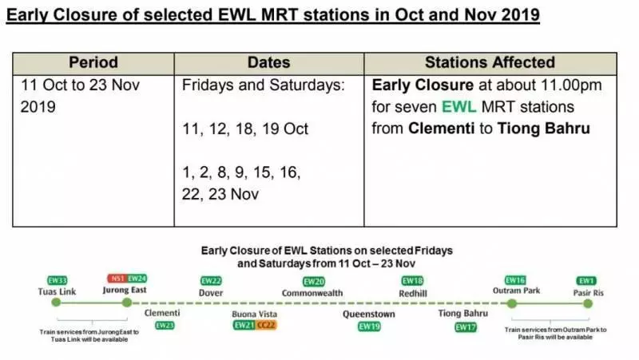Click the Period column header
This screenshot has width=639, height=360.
[93, 62]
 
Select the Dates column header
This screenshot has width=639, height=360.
[269, 62]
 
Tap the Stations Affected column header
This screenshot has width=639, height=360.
[490, 62]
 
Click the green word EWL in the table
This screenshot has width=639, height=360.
[458, 107]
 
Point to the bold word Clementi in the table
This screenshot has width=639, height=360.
[442, 129]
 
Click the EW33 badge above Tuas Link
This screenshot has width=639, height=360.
[57, 280]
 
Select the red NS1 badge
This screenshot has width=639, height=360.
[117, 279]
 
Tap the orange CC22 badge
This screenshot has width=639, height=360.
[266, 325]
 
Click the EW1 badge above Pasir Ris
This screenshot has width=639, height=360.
[586, 281]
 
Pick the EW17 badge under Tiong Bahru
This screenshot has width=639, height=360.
[466, 327]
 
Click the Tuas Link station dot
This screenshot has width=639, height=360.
[56, 303]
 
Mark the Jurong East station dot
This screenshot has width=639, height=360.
[127, 303]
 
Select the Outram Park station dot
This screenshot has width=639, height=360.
[512, 303]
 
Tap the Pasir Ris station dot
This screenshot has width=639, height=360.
[588, 303]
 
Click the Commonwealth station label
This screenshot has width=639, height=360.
[312, 293]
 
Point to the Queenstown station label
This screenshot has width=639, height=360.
[369, 314]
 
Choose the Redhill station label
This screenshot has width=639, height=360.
[413, 293]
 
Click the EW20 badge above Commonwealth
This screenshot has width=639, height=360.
[314, 282]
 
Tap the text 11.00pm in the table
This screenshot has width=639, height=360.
[571, 85]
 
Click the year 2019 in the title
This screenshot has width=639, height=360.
[521, 15]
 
